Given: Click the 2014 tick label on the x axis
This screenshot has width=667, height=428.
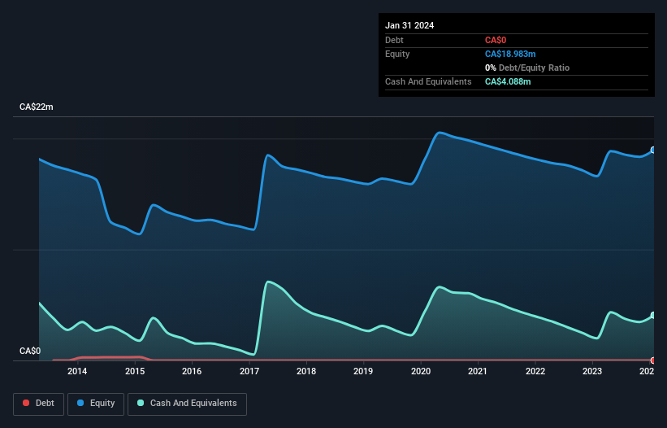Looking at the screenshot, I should pos(77,372).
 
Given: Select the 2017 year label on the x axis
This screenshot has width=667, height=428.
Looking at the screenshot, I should pos(249,372).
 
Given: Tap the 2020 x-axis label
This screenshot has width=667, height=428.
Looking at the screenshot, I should pos(421,372).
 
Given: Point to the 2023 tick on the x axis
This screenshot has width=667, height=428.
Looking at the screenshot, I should pos(592,372).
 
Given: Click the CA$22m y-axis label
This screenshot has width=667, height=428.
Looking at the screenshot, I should pos(36,107).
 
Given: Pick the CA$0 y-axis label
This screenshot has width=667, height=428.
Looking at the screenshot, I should pos(30,352).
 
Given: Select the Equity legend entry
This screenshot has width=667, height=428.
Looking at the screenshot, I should pos(96,403).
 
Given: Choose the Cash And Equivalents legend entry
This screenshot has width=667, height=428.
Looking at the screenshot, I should pos(187,403).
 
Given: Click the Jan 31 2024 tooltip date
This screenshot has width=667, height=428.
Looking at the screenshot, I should pos(409,25).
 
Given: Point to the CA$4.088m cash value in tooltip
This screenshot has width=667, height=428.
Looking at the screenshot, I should pos(508,81).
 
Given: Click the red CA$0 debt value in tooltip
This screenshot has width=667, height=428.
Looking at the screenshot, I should pos(496,40).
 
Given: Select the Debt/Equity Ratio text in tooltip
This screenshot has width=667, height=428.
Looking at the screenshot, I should pos(531,68).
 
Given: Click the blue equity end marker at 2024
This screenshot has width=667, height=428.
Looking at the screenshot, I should pos(653,150).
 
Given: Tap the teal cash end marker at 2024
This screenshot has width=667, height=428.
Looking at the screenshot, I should pos(653,316).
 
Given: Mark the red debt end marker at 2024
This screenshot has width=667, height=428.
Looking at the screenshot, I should pos(653,360).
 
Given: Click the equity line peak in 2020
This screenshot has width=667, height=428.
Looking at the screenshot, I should pos(440,133).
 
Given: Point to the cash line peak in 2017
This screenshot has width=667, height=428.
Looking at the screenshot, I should pos(268,282).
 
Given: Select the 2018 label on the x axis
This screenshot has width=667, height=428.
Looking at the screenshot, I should pos(306,372).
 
